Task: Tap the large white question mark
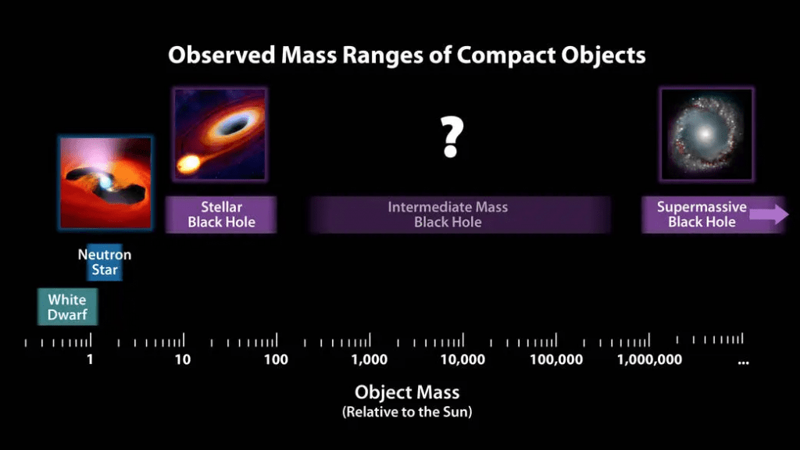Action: pyautogui.click(x=450, y=137)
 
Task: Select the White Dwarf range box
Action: pyautogui.click(x=67, y=307)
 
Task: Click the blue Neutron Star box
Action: pyautogui.click(x=105, y=263)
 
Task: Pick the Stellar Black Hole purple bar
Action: pyautogui.click(x=221, y=215)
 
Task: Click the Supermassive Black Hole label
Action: pyautogui.click(x=702, y=215)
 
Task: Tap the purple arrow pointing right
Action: pyautogui.click(x=770, y=215)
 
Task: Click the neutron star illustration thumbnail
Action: pyautogui.click(x=105, y=183)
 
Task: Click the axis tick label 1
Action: pyautogui.click(x=90, y=360)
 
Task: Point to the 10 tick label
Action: pyautogui.click(x=182, y=360)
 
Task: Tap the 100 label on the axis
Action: pyautogui.click(x=275, y=360)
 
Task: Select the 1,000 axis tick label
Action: pyautogui.click(x=369, y=360)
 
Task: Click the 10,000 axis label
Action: pyautogui.click(x=462, y=360)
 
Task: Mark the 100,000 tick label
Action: pyautogui.click(x=555, y=360)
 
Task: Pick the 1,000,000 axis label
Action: pyautogui.click(x=649, y=360)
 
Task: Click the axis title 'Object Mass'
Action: pyautogui.click(x=407, y=392)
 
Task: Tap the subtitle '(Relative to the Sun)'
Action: pyautogui.click(x=407, y=412)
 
